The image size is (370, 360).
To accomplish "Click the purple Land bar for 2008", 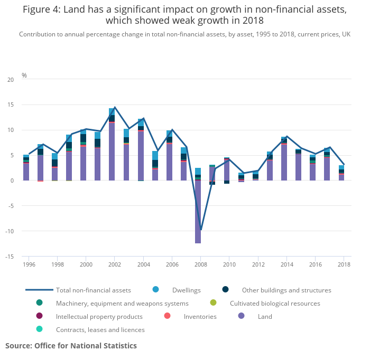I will [x=198, y=212].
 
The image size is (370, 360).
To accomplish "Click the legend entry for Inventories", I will [x=200, y=317].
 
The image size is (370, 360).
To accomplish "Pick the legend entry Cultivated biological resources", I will [x=274, y=304].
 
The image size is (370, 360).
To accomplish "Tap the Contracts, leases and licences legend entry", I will [x=100, y=330].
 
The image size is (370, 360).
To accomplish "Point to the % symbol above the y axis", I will [x=24, y=75].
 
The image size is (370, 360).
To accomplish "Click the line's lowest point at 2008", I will [x=201, y=230].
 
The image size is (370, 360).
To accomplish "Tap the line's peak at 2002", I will [x=115, y=107].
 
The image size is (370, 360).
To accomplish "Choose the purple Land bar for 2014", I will [x=284, y=163].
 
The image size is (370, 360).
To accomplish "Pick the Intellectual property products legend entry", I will [x=99, y=317].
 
